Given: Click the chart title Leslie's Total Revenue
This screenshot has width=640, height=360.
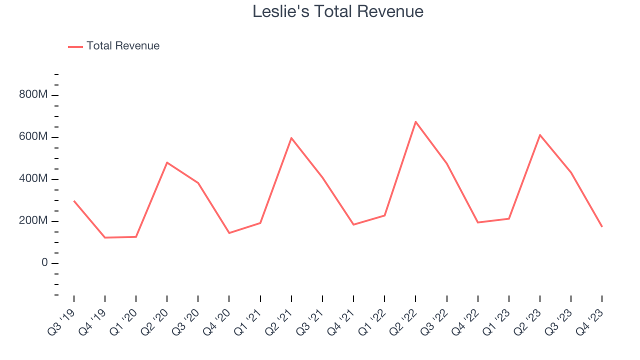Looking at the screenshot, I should (338, 11).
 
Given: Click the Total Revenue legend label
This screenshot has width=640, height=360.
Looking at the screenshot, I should (123, 46).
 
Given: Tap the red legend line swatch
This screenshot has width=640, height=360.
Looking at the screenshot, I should (75, 46).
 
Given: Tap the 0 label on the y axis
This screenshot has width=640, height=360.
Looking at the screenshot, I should (44, 263).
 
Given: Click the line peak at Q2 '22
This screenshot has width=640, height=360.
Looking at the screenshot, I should (415, 121).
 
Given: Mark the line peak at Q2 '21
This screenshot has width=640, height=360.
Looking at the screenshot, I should (291, 138).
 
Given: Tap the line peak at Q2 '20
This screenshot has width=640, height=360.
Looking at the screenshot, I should (167, 162).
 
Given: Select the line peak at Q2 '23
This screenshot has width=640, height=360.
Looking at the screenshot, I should (540, 135).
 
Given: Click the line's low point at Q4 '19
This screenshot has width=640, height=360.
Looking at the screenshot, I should (105, 237).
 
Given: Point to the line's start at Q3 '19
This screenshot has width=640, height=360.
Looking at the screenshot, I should (74, 201).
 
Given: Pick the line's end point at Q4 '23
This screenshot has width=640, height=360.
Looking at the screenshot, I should (602, 226).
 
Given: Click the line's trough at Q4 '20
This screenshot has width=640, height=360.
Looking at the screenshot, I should (229, 233).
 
